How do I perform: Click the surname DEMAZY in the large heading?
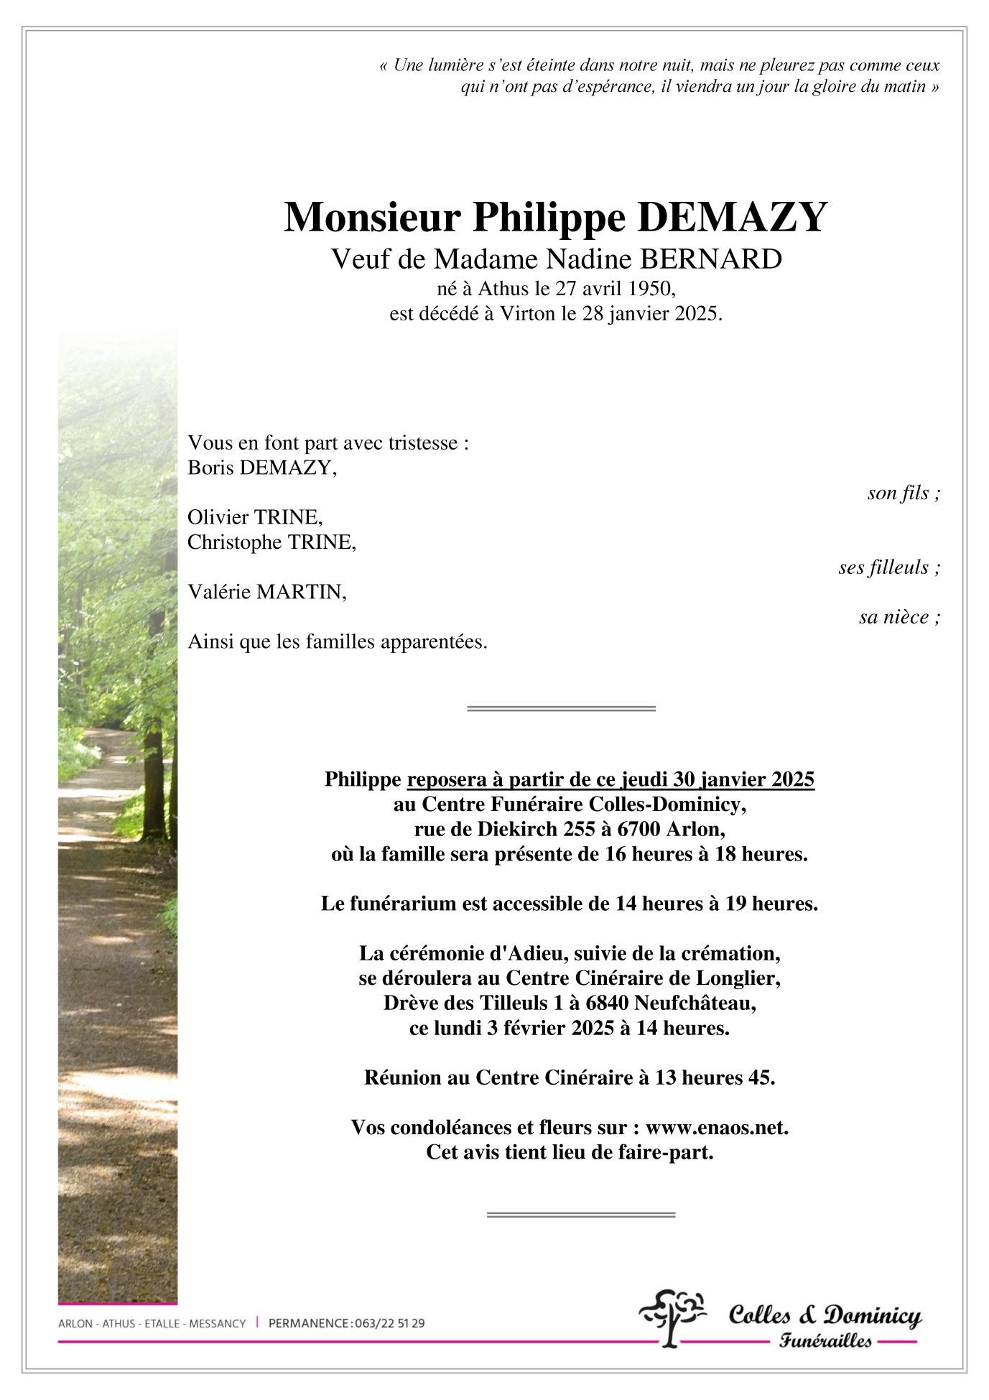tap(732, 217)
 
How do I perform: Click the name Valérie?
tap(219, 592)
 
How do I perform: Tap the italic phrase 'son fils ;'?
tap(903, 493)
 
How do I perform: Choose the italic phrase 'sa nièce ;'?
tap(899, 617)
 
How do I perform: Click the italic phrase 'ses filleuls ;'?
tap(888, 567)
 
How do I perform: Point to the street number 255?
tap(579, 830)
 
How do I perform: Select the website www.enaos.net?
tap(716, 1128)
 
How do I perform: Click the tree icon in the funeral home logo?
tap(672, 1317)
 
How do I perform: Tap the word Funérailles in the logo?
tap(825, 1340)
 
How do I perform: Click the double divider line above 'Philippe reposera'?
tap(561, 708)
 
